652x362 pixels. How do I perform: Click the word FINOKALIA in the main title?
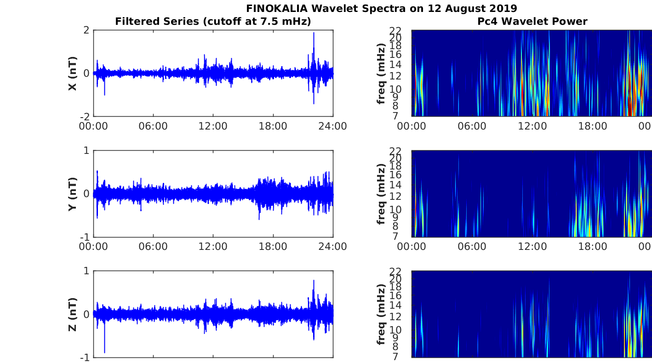tap(276, 8)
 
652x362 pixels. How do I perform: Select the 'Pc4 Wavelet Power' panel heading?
tap(532, 22)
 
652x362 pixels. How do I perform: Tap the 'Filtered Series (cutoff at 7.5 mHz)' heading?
tap(213, 22)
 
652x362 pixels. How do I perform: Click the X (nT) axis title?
tap(73, 73)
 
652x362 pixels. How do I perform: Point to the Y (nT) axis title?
tap(73, 194)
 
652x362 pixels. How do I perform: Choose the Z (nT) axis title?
tap(73, 314)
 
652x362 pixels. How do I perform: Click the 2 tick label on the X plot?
tap(86, 30)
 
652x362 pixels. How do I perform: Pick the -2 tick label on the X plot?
tap(85, 117)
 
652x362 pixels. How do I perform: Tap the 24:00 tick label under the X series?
tap(332, 126)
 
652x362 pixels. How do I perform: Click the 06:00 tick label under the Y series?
tap(153, 247)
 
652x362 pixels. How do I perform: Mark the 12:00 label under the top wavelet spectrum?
tap(532, 126)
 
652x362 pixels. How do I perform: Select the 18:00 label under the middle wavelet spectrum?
tap(593, 247)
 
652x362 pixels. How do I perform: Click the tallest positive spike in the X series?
tap(314, 33)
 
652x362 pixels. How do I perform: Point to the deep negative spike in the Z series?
tap(104, 352)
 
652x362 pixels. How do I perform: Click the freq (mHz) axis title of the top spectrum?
tap(381, 73)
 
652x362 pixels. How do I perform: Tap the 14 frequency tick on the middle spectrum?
tap(395, 185)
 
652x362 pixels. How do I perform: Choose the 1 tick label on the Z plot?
tap(86, 271)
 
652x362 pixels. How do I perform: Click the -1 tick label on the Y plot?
tap(85, 237)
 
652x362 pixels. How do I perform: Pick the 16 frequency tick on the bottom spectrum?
tap(395, 296)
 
